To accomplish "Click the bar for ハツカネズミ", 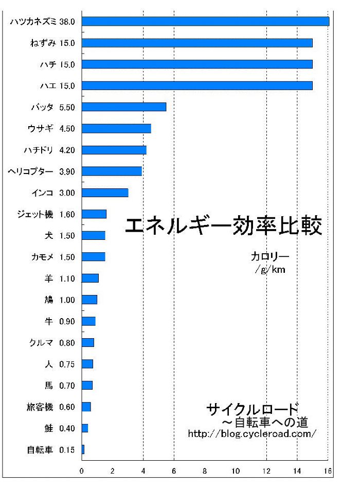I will (x=205, y=22).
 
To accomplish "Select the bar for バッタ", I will (x=124, y=107).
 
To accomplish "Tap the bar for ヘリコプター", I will (x=112, y=171).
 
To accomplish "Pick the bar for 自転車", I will (x=83, y=450).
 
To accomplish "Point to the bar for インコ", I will (x=105, y=193).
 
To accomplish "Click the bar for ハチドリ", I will (x=114, y=150).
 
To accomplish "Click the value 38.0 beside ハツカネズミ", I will (x=67, y=22).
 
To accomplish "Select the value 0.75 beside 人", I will (x=67, y=364).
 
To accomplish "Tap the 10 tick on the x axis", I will (x=236, y=470).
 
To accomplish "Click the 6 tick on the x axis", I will (x=174, y=470).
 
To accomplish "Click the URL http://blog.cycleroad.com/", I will (x=252, y=434).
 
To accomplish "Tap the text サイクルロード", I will (x=252, y=409).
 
